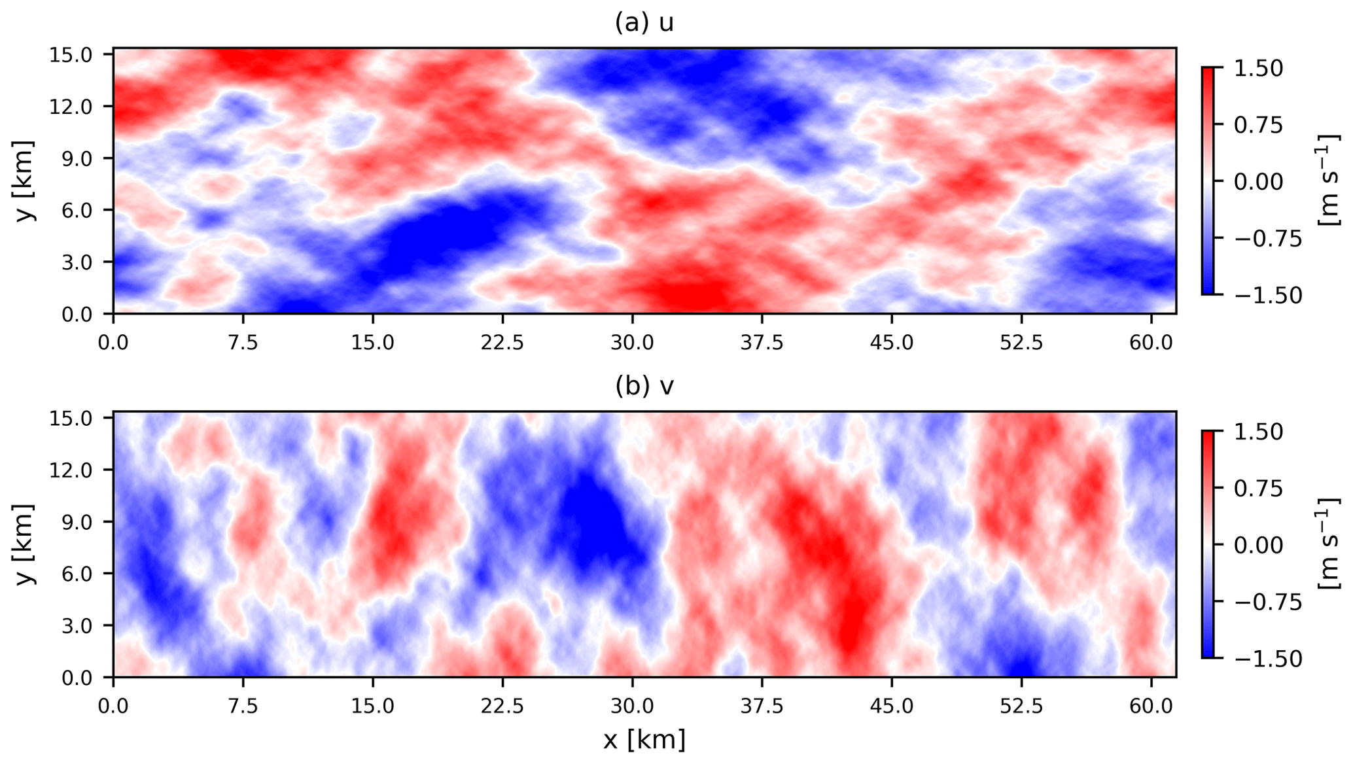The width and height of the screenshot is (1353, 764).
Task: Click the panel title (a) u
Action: [x=644, y=23]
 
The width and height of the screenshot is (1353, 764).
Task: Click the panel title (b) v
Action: [x=644, y=387]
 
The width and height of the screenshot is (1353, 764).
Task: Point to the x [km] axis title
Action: [x=644, y=740]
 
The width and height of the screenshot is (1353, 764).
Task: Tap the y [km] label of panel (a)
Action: [x=25, y=181]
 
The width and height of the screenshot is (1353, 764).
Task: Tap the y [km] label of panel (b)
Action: [x=25, y=544]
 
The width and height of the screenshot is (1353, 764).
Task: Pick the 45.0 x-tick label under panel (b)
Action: [x=891, y=706]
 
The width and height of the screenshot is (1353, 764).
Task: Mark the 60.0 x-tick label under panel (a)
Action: [x=1150, y=342]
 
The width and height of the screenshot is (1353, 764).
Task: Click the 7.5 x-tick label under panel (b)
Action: [x=243, y=706]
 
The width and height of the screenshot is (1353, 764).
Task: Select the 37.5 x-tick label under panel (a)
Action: [x=762, y=342]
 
